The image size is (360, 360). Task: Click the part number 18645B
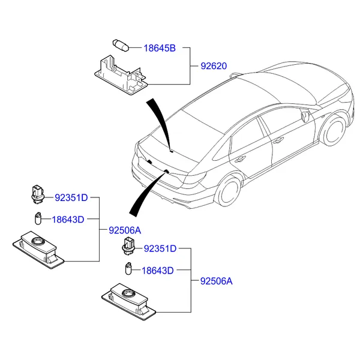159,48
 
